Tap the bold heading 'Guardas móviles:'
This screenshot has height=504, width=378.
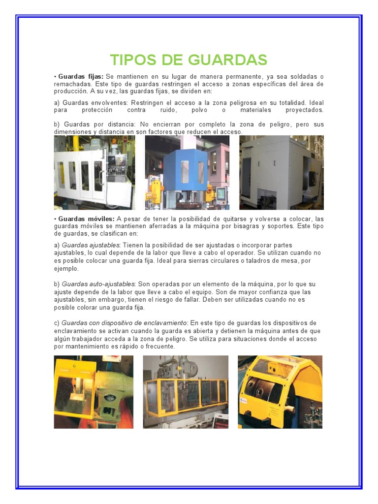click(86, 219)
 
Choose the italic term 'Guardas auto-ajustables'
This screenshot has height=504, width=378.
click(98, 284)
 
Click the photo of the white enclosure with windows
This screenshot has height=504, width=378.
click(94, 173)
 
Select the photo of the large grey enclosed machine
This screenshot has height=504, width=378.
click(281, 173)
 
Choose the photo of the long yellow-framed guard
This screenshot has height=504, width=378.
click(186, 392)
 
